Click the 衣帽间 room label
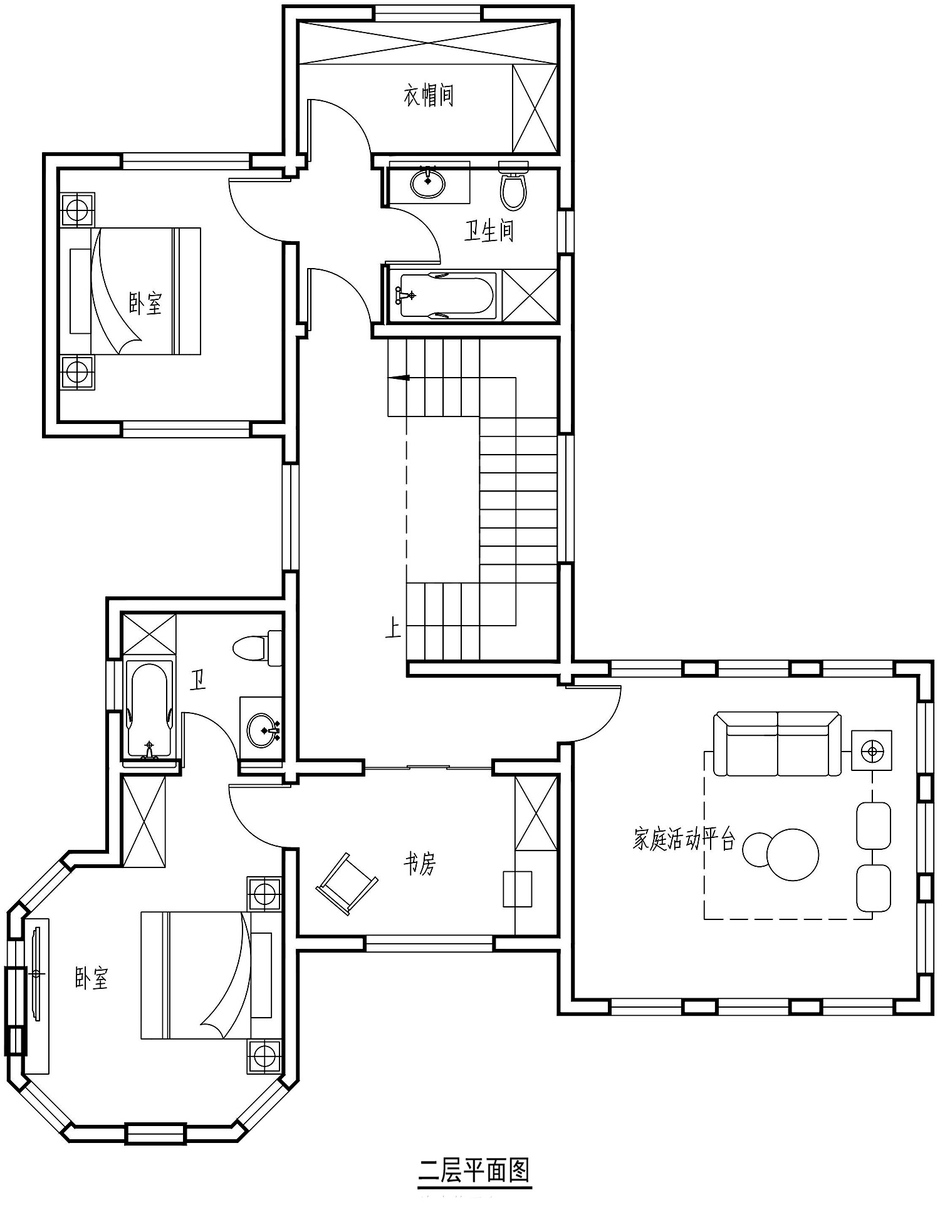tap(428, 95)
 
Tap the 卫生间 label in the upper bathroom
tap(489, 230)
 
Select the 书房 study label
tap(419, 864)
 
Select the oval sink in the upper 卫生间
tap(428, 182)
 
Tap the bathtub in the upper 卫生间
tap(447, 296)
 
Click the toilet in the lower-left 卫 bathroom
tap(258, 648)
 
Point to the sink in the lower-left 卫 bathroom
tap(263, 730)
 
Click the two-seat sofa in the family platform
tap(777, 743)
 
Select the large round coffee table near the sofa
tap(793, 854)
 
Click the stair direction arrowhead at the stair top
tap(399, 378)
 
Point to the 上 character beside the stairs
tap(394, 628)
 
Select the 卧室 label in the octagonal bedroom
tap(91, 978)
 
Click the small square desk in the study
tap(518, 888)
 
